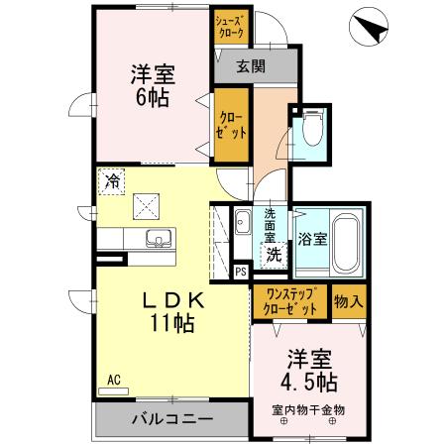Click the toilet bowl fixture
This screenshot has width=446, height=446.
[313, 129]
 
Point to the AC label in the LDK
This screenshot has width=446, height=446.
[113, 379]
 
